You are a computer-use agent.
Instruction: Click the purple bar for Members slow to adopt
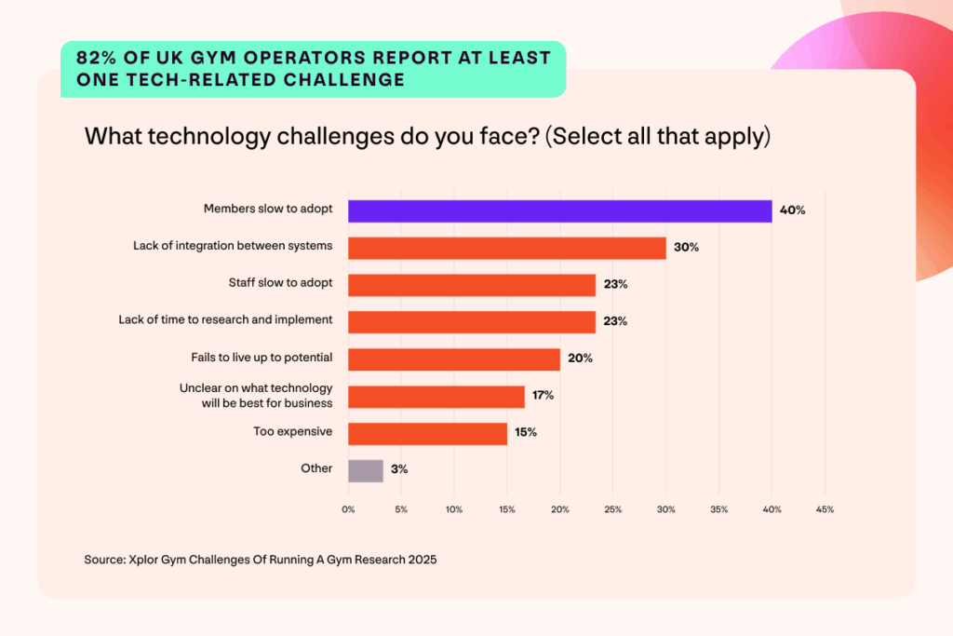coord(559,210)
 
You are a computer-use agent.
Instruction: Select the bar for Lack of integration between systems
coord(506,248)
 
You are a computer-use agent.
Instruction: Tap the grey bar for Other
coord(365,470)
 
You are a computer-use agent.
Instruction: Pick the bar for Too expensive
coord(427,433)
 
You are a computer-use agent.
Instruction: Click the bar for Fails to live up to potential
coord(453,359)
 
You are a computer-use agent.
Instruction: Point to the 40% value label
coord(792,210)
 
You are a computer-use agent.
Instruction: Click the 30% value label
coord(686,248)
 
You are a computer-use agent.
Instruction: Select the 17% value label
coord(543,396)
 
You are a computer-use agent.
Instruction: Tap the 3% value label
coord(399,470)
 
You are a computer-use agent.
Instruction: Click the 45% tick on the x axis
coord(825,509)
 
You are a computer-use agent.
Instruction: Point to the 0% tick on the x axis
coord(348,509)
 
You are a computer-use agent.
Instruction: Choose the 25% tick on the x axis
coord(613,509)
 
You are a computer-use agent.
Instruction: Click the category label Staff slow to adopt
coord(280,282)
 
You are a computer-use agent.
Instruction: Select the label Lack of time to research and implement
coord(225,319)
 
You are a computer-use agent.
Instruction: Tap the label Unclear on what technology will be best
coord(256,395)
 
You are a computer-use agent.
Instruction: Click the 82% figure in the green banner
coord(95,58)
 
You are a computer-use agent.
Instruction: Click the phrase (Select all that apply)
coord(658,136)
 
